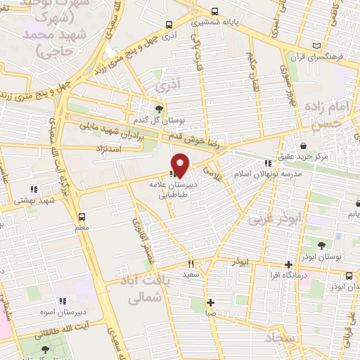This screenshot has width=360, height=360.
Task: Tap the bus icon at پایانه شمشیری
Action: click(214, 12)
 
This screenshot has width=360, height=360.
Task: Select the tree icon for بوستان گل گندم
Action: click(160, 108)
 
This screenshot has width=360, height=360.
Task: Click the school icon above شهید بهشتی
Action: click(33, 188)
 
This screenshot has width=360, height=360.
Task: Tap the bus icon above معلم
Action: click(82, 217)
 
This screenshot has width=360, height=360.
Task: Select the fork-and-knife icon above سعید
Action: click(190, 264)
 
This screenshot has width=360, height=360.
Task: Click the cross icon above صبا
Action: click(210, 302)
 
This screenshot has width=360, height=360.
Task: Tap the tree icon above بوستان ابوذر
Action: click(321, 245)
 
